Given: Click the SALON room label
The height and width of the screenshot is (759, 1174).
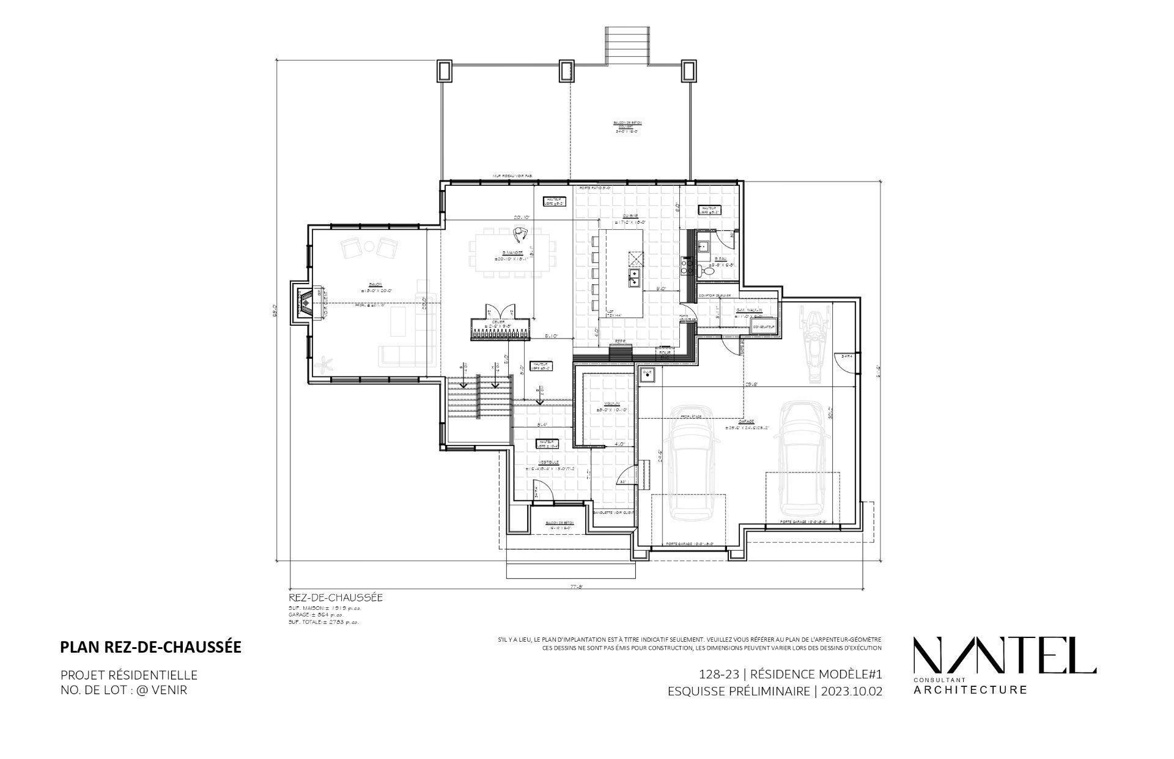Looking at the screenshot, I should click(x=375, y=285).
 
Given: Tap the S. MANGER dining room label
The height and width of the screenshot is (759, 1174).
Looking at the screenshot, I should click(x=512, y=252).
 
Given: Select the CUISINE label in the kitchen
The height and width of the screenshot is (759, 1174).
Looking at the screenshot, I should click(x=631, y=216).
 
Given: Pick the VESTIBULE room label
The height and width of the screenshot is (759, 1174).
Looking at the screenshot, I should click(x=548, y=463).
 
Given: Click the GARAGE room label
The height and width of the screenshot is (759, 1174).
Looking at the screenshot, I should click(x=745, y=422).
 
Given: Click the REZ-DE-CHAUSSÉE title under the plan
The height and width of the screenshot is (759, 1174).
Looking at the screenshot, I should click(x=335, y=598).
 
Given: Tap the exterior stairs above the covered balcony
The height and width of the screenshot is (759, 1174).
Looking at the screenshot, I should click(x=626, y=43).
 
